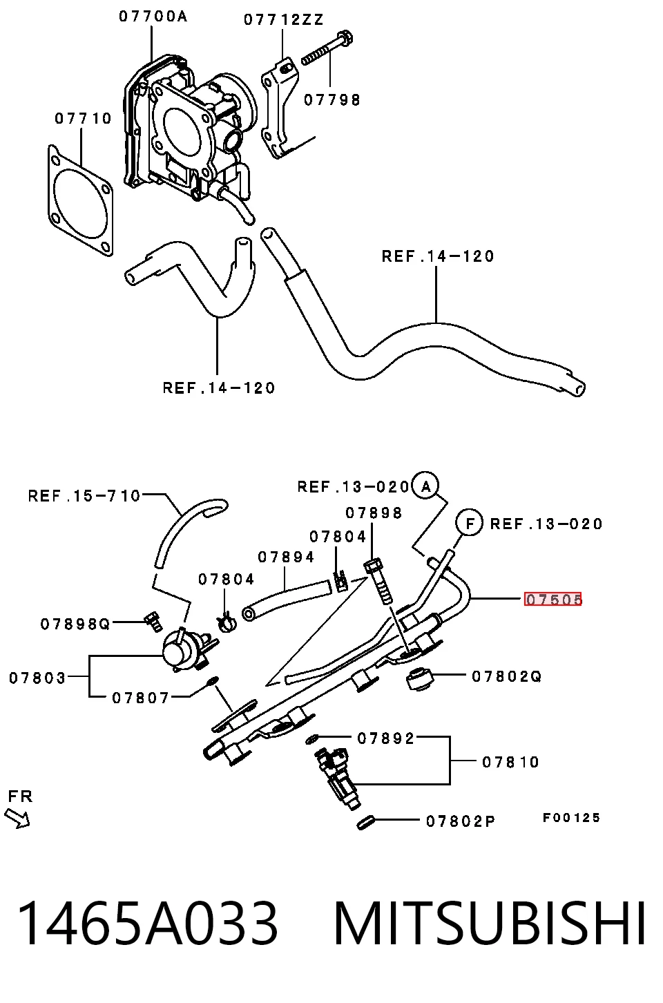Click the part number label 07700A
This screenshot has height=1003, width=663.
(153, 17)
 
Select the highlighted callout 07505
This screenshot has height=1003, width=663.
(553, 599)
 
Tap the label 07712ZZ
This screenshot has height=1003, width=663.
(283, 20)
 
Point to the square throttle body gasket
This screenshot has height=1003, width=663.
(81, 200)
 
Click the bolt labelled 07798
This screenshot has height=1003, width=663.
(327, 48)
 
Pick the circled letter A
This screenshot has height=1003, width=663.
(425, 486)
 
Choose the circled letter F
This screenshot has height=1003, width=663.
(469, 523)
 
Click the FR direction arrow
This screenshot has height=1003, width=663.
(17, 818)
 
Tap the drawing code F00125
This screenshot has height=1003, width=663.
(570, 818)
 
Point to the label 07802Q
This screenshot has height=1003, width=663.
(506, 676)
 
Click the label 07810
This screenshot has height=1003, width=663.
(510, 762)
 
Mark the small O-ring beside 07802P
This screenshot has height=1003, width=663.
(365, 823)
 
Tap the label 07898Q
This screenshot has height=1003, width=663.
(75, 624)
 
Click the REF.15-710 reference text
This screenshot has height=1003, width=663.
(84, 496)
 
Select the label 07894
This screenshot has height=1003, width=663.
(286, 557)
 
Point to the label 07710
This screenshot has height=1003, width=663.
(83, 119)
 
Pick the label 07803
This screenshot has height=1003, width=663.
(37, 678)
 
